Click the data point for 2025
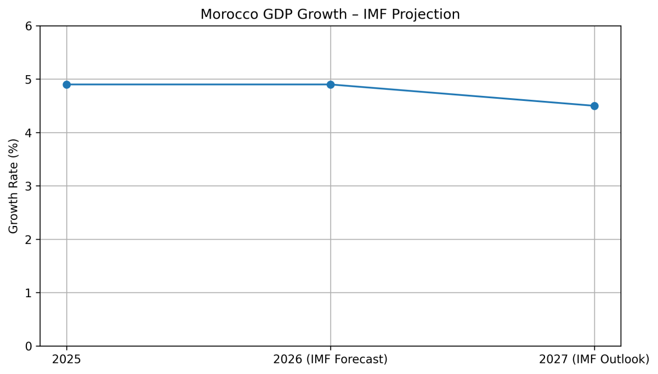coord(67,84)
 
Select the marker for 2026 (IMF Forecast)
coord(331,84)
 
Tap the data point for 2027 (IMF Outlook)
coord(594,106)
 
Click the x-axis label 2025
coord(67,360)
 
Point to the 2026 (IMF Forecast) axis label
coord(331,360)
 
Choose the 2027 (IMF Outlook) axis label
coord(594,360)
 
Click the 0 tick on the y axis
coord(29,347)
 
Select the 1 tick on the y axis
coord(29,293)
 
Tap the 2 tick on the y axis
coord(29,240)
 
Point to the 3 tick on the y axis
coord(29,186)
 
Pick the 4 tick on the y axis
coord(29,133)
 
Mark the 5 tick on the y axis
coord(29,80)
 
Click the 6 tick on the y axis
coord(29,26)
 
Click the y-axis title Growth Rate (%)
coord(14,186)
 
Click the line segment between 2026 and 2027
coord(462,95)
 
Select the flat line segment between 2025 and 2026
coord(198,84)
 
